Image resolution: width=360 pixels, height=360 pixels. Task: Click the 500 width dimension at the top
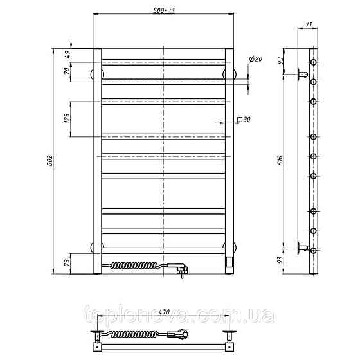(x=164, y=10)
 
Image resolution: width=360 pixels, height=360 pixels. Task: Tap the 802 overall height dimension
(x=50, y=161)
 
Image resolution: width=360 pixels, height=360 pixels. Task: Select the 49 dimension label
(x=68, y=55)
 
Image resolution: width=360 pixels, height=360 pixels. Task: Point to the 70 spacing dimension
(x=67, y=71)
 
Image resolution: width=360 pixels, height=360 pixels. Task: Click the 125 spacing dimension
(x=67, y=118)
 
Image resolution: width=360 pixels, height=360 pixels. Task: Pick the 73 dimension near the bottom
(x=67, y=262)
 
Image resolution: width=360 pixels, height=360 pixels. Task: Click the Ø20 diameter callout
(x=256, y=59)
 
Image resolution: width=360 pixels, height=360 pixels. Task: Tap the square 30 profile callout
(x=244, y=120)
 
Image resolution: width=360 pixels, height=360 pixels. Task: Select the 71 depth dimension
(x=309, y=24)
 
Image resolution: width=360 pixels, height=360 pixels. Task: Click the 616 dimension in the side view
(x=280, y=161)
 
